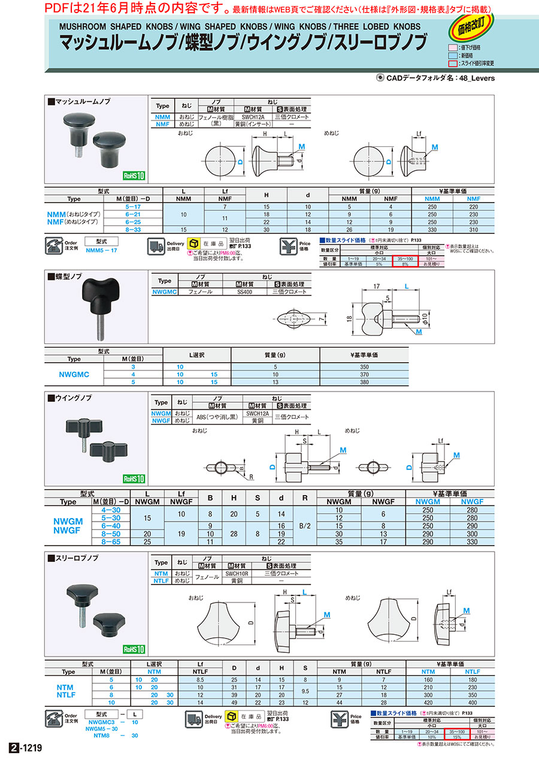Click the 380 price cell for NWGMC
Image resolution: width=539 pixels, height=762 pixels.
(x=364, y=381)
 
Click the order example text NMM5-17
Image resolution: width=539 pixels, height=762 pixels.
(x=102, y=251)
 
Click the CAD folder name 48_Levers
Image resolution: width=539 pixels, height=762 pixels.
(x=477, y=78)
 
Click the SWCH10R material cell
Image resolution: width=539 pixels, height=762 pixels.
(x=237, y=573)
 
